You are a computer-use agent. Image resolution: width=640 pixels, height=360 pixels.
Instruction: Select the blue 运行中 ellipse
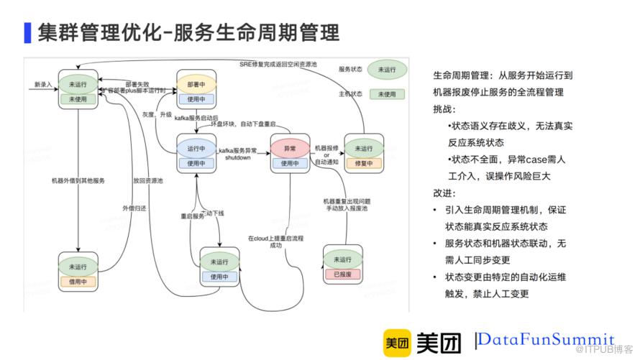click(196, 148)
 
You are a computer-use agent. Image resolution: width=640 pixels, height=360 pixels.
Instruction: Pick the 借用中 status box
click(78, 282)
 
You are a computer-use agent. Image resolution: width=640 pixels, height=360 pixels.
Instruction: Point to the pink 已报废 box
click(342, 274)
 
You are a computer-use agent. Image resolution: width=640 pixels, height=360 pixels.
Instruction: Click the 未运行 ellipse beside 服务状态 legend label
click(388, 70)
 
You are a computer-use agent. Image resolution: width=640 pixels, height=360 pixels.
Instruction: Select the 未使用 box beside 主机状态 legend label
click(388, 93)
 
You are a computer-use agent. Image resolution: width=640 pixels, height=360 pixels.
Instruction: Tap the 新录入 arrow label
click(43, 85)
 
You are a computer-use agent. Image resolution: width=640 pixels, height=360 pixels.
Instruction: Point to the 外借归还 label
click(134, 207)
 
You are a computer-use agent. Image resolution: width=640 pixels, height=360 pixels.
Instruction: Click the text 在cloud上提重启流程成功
click(267, 241)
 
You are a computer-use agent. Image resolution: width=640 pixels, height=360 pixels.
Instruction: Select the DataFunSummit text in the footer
click(547, 339)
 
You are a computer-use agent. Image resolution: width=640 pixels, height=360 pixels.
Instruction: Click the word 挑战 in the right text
click(444, 108)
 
